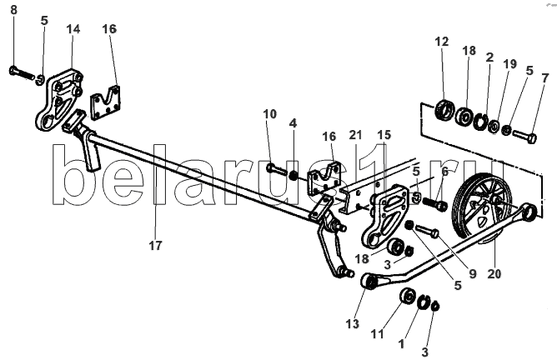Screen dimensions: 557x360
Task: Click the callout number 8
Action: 13,10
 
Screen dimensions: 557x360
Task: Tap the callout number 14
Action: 73,29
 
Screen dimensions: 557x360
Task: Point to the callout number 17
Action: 155,245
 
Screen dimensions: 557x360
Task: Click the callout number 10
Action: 270,114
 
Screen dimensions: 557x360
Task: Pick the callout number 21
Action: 355,135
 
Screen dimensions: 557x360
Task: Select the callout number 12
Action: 442,42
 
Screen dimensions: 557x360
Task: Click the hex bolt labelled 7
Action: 524,137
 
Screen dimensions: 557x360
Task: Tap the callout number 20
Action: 494,273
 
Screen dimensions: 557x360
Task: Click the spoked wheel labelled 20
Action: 482,209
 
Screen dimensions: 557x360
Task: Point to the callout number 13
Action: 353,324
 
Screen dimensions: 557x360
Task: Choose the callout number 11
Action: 378,334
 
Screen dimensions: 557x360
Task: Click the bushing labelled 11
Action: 408,296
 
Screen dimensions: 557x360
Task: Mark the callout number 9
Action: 473,274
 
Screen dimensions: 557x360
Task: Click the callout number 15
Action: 384,135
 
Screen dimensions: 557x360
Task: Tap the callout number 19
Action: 509,64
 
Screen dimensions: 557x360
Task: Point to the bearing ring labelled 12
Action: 444,108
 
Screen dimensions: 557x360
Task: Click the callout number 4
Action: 293,123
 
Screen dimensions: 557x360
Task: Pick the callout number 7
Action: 545,78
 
